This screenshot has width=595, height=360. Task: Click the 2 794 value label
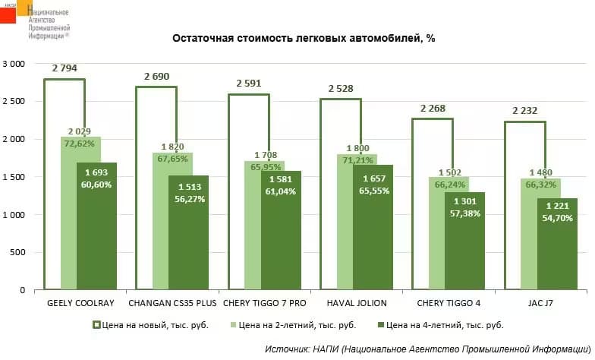[65, 68]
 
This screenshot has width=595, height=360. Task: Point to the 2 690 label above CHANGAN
[157, 76]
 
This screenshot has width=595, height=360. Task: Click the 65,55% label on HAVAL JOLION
[373, 191]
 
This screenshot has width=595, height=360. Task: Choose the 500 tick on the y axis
[17, 253]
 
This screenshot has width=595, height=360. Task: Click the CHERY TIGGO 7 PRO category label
[263, 303]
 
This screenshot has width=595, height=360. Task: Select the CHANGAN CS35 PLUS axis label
[172, 303]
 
